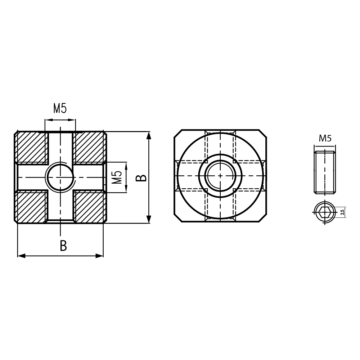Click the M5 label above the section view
[x=60, y=108]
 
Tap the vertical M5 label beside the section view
[x=117, y=177]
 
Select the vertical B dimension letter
[x=143, y=177]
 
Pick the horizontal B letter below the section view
[x=63, y=246]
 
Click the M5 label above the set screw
[x=325, y=139]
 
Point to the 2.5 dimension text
[x=342, y=212]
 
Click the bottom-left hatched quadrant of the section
[x=32, y=207]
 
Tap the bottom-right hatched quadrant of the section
[x=89, y=207]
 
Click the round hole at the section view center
[x=60, y=177]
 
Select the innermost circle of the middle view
[x=220, y=176]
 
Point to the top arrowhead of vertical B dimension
[x=149, y=135]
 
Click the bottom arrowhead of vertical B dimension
[x=149, y=219]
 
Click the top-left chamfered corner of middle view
[x=178, y=134]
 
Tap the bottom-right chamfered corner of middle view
[x=262, y=218]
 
